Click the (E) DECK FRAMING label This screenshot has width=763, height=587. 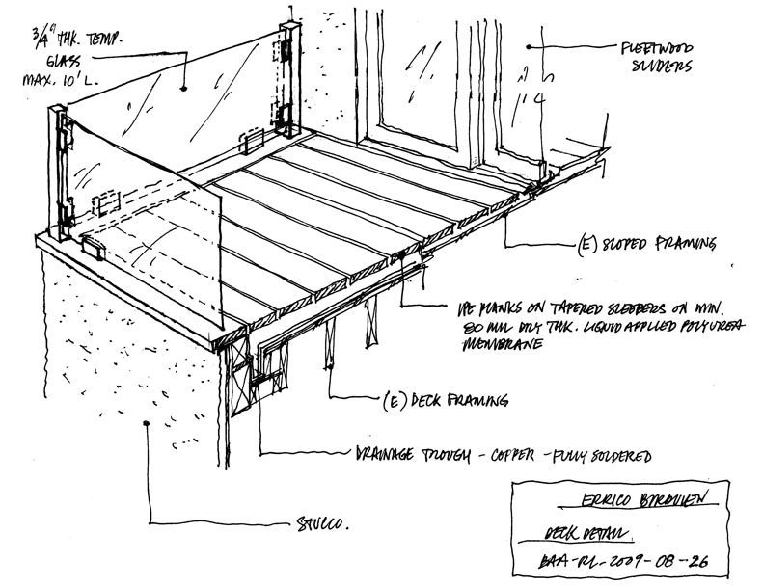[441, 398]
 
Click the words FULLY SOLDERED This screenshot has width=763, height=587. [602, 454]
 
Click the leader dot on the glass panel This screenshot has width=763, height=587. [181, 86]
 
